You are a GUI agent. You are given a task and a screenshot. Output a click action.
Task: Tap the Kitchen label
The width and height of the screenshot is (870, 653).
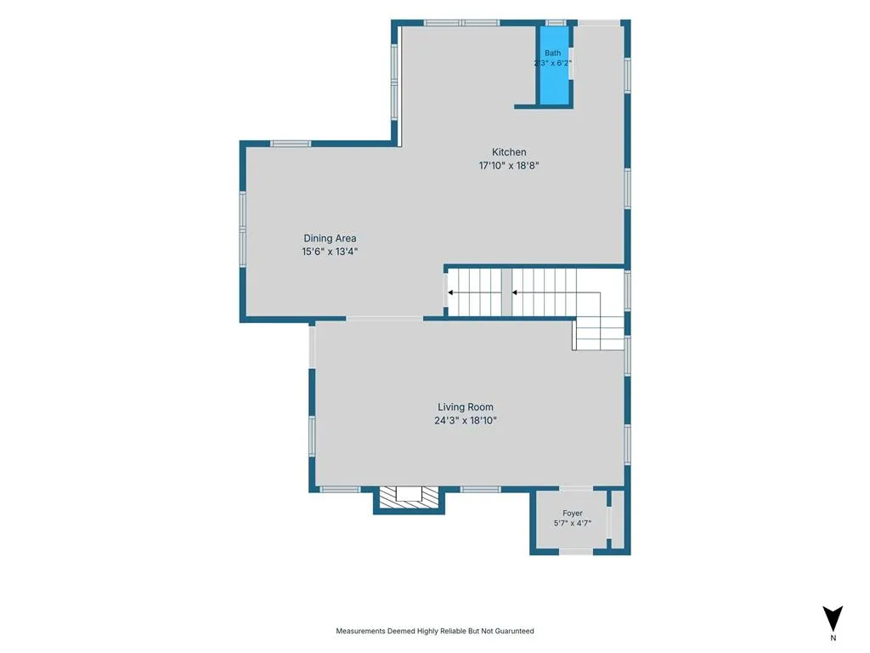pos(509,152)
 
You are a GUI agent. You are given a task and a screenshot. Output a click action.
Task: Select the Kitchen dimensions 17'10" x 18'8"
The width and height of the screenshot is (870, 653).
pos(509,166)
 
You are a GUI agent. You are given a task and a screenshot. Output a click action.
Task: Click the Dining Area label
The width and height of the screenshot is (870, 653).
pos(330,238)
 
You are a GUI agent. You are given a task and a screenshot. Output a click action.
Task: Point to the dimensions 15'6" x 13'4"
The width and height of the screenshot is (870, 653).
pos(330,252)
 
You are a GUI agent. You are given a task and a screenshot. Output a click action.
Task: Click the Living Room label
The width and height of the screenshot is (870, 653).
pos(465,407)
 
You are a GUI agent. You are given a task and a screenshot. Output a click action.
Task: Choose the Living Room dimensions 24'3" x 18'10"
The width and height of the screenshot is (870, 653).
pos(465,420)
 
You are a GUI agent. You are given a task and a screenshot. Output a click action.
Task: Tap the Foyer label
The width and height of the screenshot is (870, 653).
pos(573,514)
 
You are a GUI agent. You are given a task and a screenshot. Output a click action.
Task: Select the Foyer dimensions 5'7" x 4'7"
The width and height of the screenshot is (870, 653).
pos(573,523)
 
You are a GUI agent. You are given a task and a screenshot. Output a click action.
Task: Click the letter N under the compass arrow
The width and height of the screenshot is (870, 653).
pos(833,638)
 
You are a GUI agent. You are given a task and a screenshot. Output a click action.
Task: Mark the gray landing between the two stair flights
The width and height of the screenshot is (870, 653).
pos(506,292)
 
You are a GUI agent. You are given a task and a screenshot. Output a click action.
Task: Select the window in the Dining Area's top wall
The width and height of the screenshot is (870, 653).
pos(291,144)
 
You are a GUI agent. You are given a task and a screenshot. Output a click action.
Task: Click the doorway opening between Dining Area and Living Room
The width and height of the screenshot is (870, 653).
pos(385,319)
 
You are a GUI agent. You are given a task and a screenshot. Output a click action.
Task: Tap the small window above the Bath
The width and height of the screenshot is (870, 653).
pos(556,23)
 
